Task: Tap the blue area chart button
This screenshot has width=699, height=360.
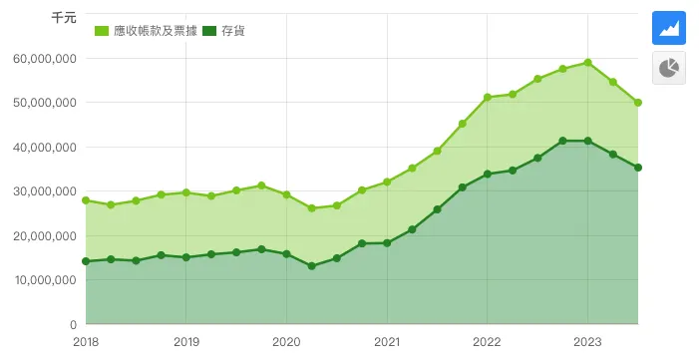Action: click(x=669, y=27)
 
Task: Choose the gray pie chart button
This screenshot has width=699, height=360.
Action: click(x=669, y=68)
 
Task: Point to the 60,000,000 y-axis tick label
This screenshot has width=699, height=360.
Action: click(x=45, y=59)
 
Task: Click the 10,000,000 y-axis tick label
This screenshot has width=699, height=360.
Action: click(x=45, y=280)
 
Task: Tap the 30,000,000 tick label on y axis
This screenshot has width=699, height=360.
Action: click(x=45, y=191)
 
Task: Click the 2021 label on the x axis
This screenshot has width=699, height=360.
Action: click(x=387, y=341)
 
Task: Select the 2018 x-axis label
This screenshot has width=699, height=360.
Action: click(x=86, y=341)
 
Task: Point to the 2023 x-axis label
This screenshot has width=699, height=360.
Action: click(x=587, y=341)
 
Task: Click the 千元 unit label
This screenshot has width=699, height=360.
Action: click(x=63, y=18)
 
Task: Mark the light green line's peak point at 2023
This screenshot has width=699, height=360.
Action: click(x=587, y=63)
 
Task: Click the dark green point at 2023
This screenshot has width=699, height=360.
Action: click(x=587, y=141)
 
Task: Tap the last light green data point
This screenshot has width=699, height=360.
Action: click(x=637, y=103)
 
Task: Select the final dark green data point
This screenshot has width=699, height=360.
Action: click(x=637, y=168)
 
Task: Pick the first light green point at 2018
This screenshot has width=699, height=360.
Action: click(x=86, y=200)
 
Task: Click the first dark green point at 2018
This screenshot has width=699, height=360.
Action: click(x=86, y=261)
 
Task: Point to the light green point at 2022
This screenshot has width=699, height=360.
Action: click(x=487, y=98)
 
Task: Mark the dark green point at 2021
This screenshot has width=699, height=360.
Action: click(x=387, y=243)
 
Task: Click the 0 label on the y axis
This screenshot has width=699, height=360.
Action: click(x=73, y=324)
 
